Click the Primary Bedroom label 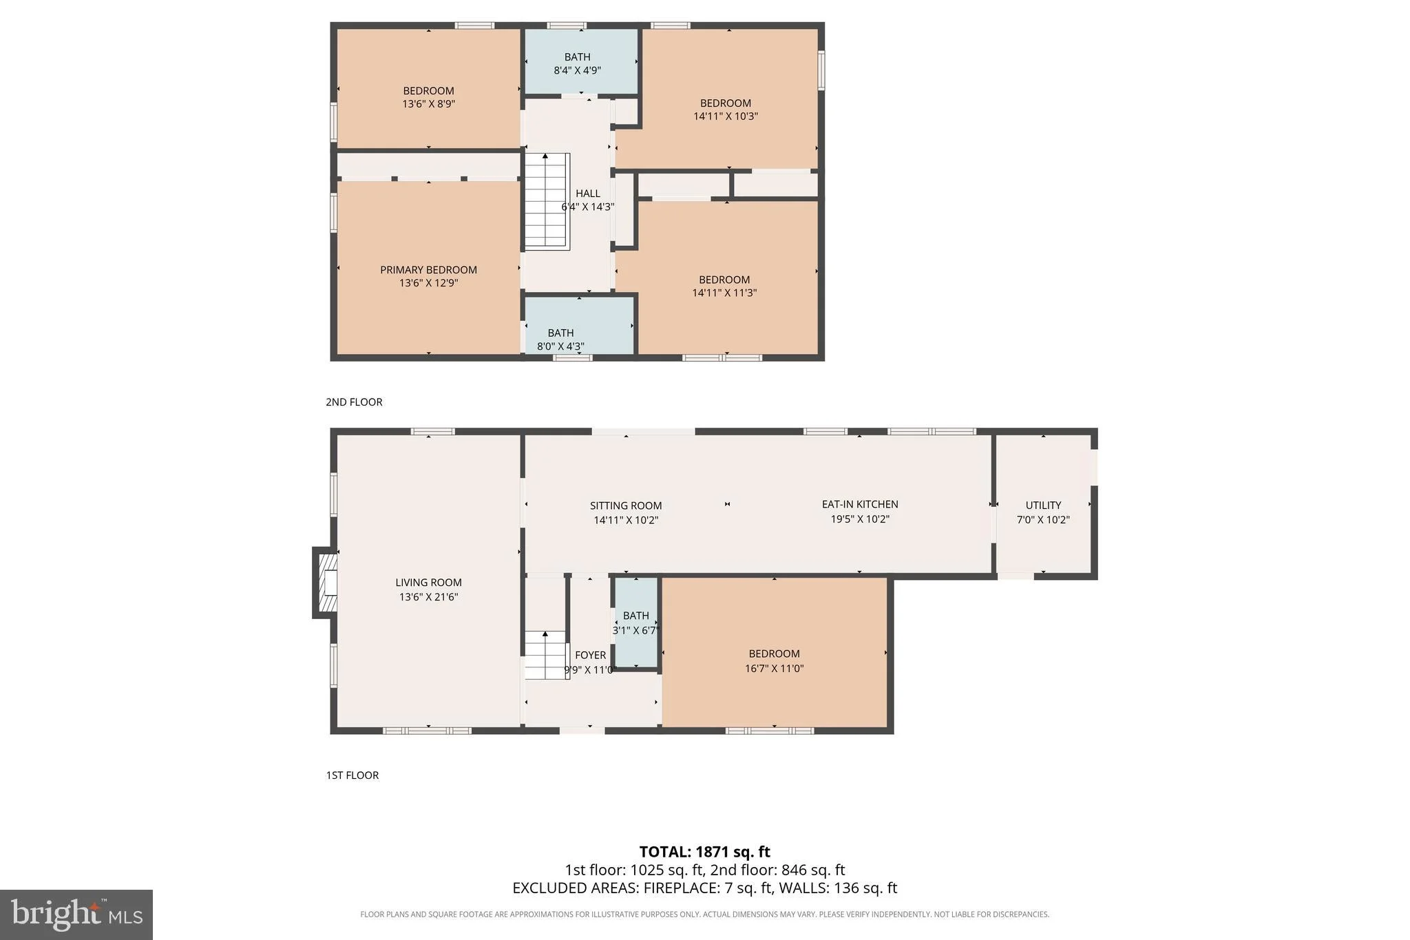tap(428, 270)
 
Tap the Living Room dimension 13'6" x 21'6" tap(428, 597)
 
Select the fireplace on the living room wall tap(325, 583)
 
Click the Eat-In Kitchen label tap(860, 504)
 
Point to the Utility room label tap(1043, 505)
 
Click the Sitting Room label tap(626, 505)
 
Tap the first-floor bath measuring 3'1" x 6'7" tap(636, 623)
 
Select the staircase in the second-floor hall tap(547, 201)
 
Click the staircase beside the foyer tap(547, 655)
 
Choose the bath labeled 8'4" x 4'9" tap(581, 61)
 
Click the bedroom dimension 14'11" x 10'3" tap(726, 116)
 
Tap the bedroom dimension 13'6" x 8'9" tap(429, 104)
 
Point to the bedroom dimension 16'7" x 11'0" tap(775, 668)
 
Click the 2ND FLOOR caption tap(354, 402)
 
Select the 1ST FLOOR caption tap(352, 775)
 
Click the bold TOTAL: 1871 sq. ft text tap(705, 852)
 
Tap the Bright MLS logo tap(76, 915)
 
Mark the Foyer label tap(591, 655)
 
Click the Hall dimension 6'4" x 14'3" tap(588, 207)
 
